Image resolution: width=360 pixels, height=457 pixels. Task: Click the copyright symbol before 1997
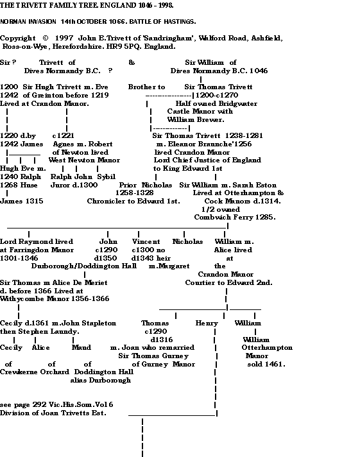pos(46,38)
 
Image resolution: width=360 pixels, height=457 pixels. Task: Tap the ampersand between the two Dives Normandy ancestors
pos(132,62)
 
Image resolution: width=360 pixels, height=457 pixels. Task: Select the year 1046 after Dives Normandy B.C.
pos(259,71)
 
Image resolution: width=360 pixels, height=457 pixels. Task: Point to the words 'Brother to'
pos(146,87)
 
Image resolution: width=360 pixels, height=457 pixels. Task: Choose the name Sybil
pos(107,177)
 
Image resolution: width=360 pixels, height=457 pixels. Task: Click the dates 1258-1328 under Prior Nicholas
pos(135,193)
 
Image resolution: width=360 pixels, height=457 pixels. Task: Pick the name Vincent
pos(146,241)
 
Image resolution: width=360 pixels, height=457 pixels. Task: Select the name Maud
pos(81,347)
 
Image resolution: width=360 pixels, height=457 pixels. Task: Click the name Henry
pos(207,323)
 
